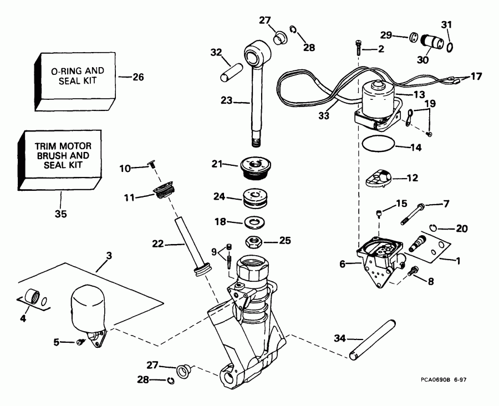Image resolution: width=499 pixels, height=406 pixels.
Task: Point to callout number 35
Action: coord(60,213)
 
